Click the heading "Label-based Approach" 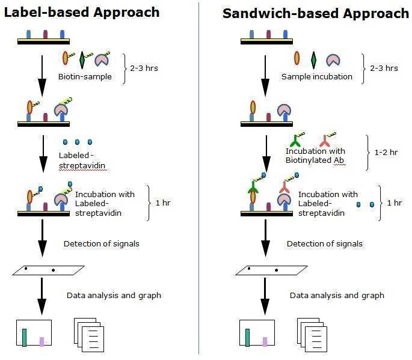point(82,12)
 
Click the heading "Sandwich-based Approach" point(315,13)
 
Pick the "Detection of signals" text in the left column point(102,243)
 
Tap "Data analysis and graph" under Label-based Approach point(114,295)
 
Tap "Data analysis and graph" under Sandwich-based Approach point(337,295)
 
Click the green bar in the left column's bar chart point(24,338)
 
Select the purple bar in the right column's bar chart point(265,341)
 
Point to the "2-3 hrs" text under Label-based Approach point(144,68)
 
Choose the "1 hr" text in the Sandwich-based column point(395,203)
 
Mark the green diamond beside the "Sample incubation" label point(313,60)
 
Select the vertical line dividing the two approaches point(199,180)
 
